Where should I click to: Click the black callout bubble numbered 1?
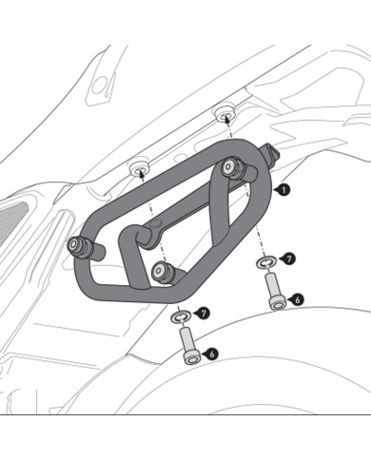coord(284,190)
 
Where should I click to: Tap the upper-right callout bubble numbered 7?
coord(289,259)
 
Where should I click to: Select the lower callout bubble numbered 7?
coord(203,313)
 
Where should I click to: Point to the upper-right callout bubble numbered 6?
coord(298,299)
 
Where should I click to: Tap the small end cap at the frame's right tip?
coord(274,150)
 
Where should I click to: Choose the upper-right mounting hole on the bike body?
coord(225,112)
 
